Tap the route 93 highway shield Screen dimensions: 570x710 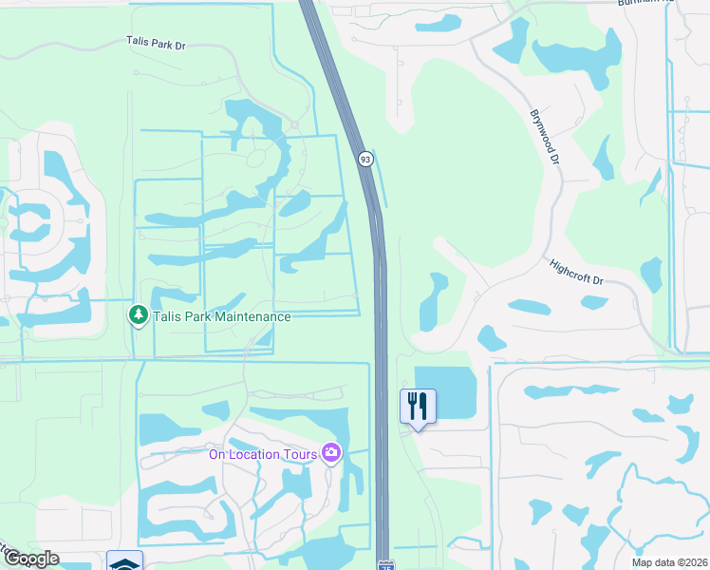click(x=365, y=159)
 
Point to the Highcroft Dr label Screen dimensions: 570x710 click(x=577, y=273)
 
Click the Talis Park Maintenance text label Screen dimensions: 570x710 click(x=220, y=315)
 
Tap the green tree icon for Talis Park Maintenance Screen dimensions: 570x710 click(x=139, y=314)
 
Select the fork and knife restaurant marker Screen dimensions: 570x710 click(x=418, y=406)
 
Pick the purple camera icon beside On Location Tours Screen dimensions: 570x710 click(x=331, y=453)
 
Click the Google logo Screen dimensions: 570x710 click(x=30, y=559)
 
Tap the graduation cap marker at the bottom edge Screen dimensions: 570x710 click(x=124, y=561)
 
